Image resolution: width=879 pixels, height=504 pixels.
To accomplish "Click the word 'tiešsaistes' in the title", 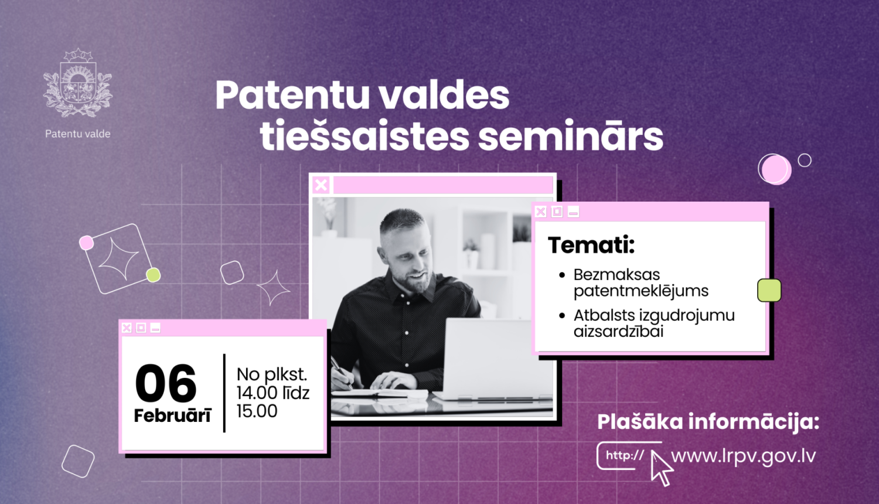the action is point(364,135).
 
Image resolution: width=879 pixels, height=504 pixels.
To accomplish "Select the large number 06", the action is point(166,383).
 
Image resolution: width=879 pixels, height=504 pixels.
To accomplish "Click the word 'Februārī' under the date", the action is point(173,416).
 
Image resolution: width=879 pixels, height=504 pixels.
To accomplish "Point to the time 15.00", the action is point(257,411).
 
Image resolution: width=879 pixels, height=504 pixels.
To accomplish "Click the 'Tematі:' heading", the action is point(591,245).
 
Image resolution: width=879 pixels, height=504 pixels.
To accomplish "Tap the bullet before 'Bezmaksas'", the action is point(562,275).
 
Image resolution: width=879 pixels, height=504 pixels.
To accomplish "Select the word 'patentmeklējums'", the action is point(641,291).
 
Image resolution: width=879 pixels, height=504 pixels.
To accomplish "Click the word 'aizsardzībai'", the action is point(618,331).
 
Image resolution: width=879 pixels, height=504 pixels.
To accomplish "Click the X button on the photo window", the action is point(321,185).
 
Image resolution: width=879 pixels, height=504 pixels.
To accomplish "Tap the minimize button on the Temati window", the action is point(573,212).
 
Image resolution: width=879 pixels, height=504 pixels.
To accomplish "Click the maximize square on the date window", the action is point(141,328).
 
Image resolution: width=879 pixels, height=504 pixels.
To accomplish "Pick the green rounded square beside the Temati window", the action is point(769,291).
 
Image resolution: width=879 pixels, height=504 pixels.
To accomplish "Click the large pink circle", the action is point(776,170).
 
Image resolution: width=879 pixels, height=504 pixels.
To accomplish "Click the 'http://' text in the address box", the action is point(625,455).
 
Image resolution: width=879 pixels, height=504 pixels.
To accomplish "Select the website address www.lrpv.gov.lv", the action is point(743,457).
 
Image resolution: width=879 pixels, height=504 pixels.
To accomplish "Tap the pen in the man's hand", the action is point(342,372).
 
